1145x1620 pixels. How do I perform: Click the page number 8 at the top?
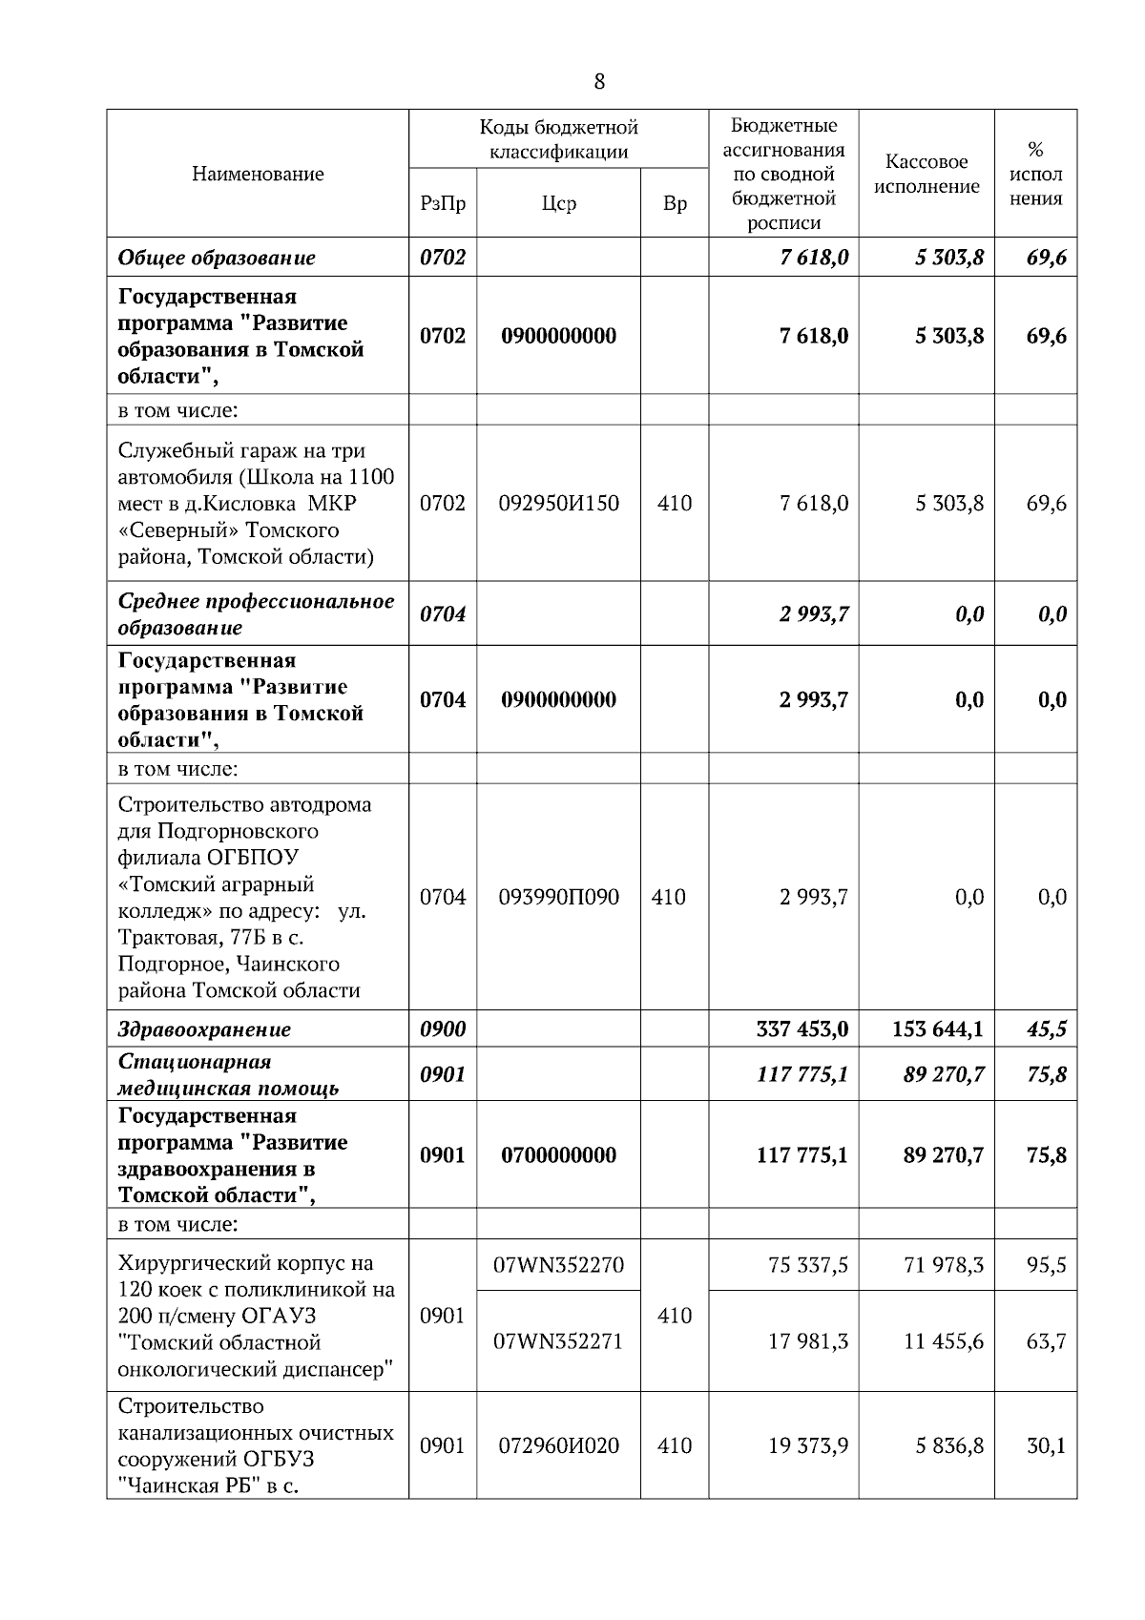(x=599, y=82)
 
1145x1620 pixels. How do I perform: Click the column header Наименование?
(x=258, y=174)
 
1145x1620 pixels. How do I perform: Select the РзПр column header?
(x=443, y=203)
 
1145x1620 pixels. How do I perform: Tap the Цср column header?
(x=558, y=203)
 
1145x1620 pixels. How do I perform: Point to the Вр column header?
(x=675, y=203)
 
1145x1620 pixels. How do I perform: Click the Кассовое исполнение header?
(x=926, y=174)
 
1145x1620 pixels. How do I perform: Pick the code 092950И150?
(x=558, y=503)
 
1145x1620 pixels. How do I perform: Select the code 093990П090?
(x=558, y=897)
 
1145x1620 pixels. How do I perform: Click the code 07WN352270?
(x=558, y=1265)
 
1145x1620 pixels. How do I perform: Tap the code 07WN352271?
(x=558, y=1341)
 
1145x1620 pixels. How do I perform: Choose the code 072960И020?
(x=558, y=1445)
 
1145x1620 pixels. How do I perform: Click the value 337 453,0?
(x=801, y=1029)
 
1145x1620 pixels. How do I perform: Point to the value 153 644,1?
(x=938, y=1029)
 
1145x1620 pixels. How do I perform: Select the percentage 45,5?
(x=1046, y=1029)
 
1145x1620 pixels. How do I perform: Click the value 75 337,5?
(x=808, y=1265)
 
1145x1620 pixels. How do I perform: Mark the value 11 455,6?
(x=944, y=1341)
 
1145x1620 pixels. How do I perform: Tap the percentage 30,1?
(x=1046, y=1445)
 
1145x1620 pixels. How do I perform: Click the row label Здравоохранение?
(x=204, y=1029)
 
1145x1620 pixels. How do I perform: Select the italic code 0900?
(x=443, y=1029)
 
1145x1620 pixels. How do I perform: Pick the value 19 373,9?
(x=808, y=1445)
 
